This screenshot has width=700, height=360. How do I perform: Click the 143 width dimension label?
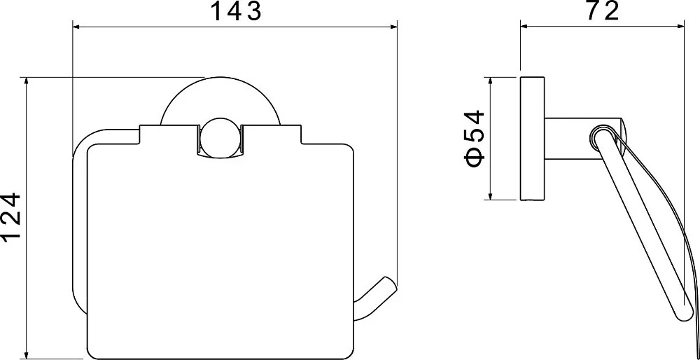tap(236, 11)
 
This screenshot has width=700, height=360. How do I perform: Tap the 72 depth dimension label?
tap(602, 11)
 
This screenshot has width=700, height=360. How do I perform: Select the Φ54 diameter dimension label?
tap(475, 138)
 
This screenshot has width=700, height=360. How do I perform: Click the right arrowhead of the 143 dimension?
tap(393, 27)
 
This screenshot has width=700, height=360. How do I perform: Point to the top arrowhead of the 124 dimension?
tap(27, 81)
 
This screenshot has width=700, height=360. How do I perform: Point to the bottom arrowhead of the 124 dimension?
tap(27, 355)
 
